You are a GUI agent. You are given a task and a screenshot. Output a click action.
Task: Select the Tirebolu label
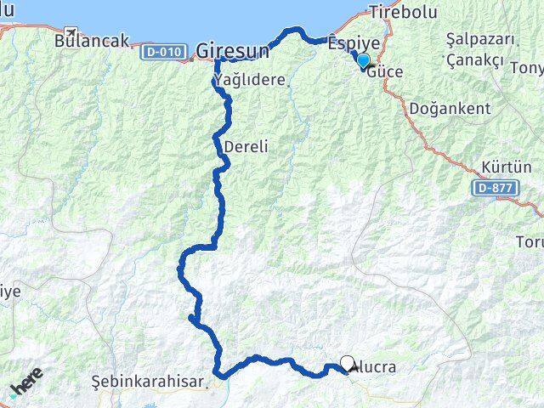[401, 12]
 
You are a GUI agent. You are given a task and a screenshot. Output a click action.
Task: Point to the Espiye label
[352, 41]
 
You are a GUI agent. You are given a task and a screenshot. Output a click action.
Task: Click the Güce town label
[386, 72]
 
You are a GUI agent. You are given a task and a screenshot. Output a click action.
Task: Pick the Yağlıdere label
[252, 80]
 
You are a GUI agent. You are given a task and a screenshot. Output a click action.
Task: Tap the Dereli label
[246, 146]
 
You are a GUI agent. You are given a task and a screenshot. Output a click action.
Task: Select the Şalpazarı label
[480, 40]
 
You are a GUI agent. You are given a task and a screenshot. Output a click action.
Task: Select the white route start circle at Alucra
[347, 363]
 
